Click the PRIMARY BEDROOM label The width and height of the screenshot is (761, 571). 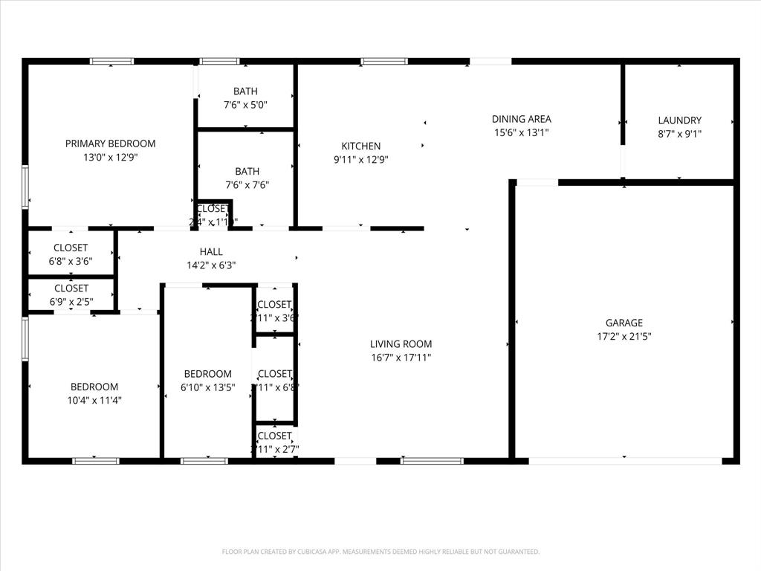click(x=110, y=143)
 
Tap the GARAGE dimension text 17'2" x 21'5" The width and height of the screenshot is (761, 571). click(x=624, y=336)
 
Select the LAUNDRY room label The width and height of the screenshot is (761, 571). click(x=679, y=120)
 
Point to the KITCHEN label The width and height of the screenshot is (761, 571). click(x=360, y=146)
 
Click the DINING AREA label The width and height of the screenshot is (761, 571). click(x=521, y=119)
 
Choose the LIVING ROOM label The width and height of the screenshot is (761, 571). click(x=401, y=344)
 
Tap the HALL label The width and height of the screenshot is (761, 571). click(x=210, y=252)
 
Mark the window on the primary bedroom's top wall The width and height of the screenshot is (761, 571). click(x=111, y=61)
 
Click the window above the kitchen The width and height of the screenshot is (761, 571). click(x=383, y=61)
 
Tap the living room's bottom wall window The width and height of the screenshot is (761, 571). click(x=432, y=461)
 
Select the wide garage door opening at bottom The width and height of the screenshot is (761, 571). click(x=624, y=461)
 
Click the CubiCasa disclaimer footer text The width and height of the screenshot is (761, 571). click(x=380, y=552)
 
